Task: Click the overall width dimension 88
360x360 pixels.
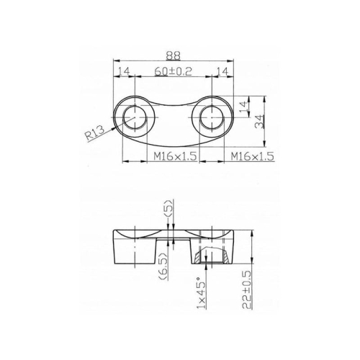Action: [173, 55]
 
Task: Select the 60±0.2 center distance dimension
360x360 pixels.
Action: [174, 71]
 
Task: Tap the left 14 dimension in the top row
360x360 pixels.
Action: [124, 71]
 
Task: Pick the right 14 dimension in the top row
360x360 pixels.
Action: [222, 71]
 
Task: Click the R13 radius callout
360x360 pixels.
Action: [96, 133]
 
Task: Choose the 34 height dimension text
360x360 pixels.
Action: [259, 122]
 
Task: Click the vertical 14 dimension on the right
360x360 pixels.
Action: [243, 107]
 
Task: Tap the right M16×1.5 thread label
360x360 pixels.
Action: [252, 156]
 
